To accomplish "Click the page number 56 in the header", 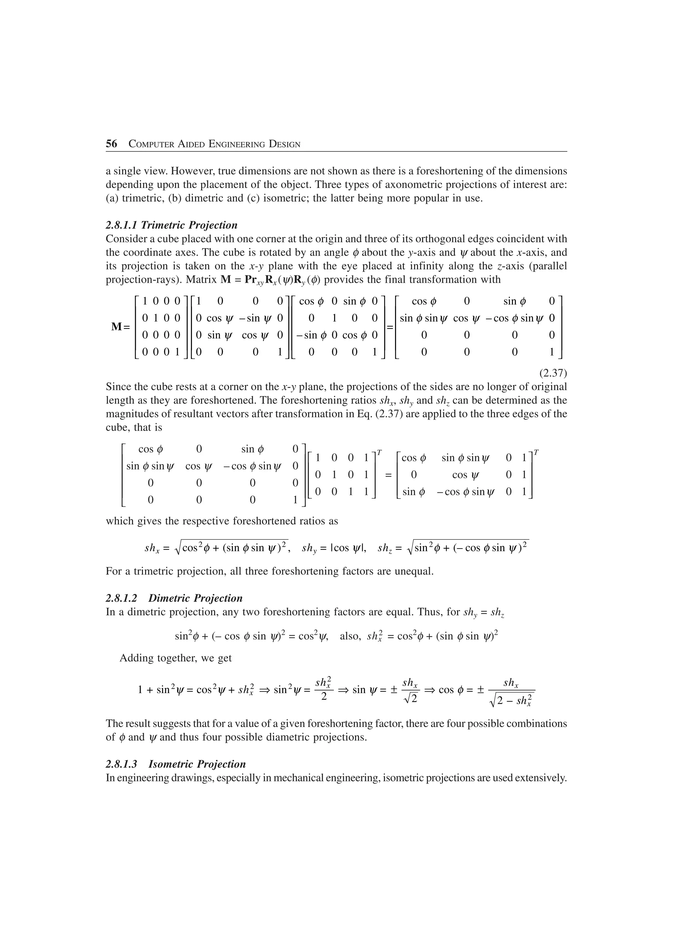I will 111,144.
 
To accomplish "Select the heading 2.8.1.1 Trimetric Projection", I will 172,225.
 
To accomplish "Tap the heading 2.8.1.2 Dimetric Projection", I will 174,598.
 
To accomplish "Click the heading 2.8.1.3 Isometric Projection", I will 175,764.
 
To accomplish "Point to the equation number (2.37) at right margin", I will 553,373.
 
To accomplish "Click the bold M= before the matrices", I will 120,327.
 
